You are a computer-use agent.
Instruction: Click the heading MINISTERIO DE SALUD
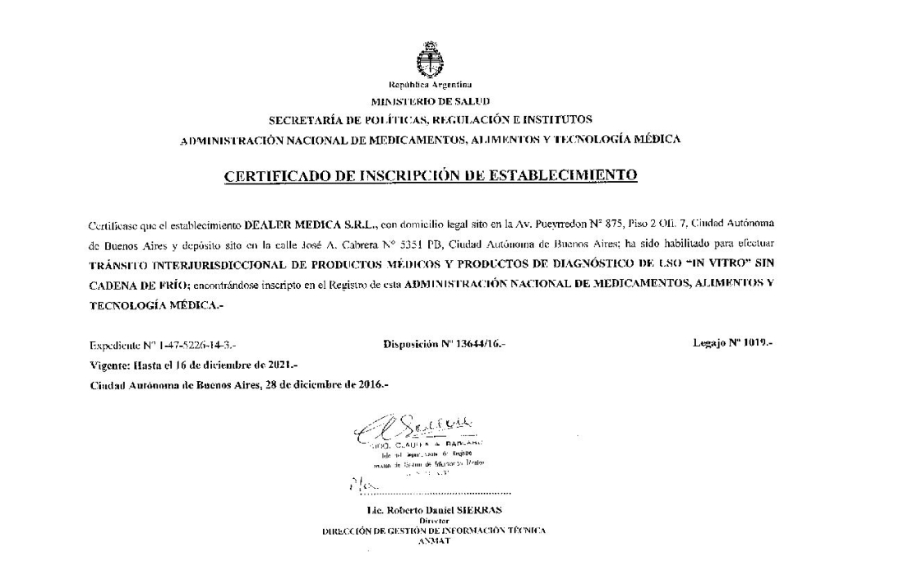coord(431,102)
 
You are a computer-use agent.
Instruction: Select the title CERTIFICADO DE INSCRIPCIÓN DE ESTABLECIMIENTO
coord(431,174)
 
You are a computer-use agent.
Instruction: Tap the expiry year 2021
coord(279,364)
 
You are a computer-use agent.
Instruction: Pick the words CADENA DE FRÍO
coord(140,286)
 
